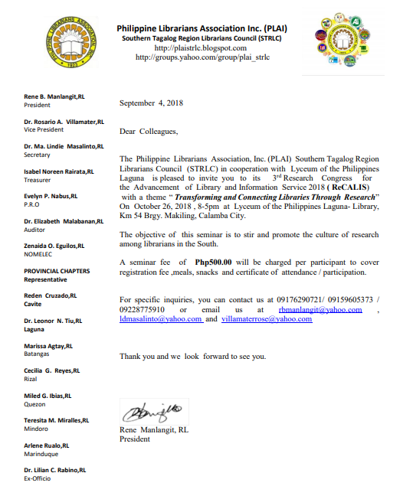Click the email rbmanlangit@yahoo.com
320,309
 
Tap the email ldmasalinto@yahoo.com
160,319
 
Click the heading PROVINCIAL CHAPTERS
57,271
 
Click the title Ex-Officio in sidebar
38,478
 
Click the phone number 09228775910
146,309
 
